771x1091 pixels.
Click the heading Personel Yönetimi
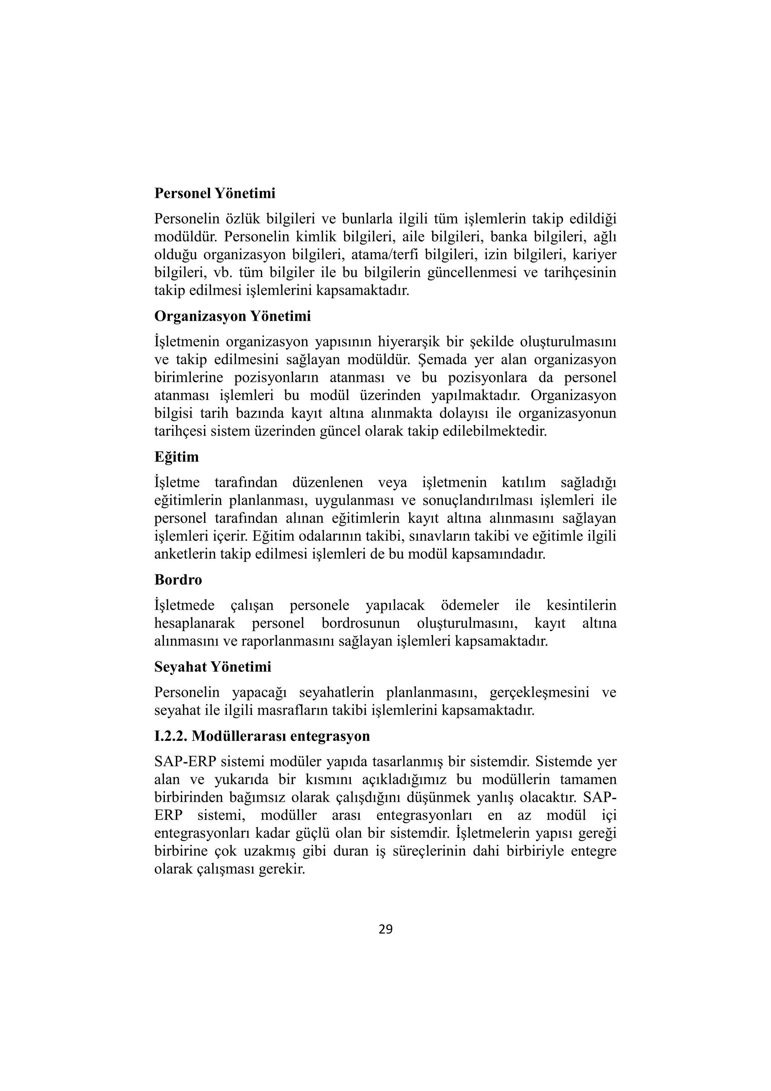(215, 194)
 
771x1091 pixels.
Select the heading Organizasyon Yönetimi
(232, 316)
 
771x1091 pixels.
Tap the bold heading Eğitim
(176, 457)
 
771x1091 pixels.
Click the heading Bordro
(178, 580)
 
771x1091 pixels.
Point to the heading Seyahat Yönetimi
(212, 667)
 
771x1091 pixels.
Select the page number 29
(385, 930)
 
